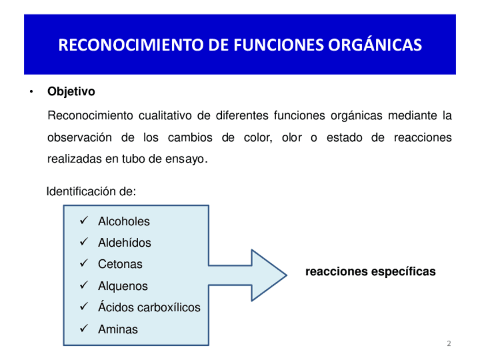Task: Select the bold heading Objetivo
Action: [x=71, y=92]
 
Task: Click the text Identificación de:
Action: [x=91, y=191]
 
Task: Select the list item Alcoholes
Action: [x=124, y=221]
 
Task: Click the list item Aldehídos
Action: [x=125, y=243]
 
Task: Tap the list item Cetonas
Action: [x=120, y=264]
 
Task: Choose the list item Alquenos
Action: [x=123, y=286]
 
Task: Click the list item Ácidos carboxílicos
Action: [x=149, y=307]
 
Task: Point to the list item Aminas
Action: [x=118, y=329]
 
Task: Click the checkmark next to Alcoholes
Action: [x=84, y=221]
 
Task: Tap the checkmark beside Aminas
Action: [x=84, y=328]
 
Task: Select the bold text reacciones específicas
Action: [x=370, y=272]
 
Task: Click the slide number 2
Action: [x=449, y=344]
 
